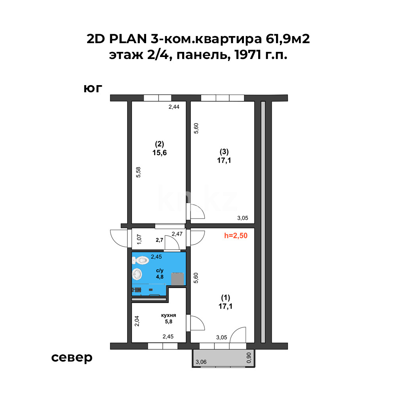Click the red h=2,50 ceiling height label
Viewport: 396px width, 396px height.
[236, 236]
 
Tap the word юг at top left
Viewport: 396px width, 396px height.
[93, 88]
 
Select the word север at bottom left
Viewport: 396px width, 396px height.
[72, 358]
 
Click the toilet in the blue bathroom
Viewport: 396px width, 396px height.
[140, 260]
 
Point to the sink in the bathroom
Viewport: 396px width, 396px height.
[137, 274]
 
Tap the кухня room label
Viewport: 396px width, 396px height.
[168, 316]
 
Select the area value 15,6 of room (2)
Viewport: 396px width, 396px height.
[159, 152]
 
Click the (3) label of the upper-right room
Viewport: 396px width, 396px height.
[224, 151]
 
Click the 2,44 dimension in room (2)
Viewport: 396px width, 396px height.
[174, 107]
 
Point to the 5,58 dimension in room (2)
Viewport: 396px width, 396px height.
[139, 173]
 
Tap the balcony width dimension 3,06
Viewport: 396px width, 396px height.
[201, 362]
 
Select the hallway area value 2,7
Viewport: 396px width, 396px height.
[159, 240]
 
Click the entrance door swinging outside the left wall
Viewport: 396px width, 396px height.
[119, 238]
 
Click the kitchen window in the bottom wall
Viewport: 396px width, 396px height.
[163, 346]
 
